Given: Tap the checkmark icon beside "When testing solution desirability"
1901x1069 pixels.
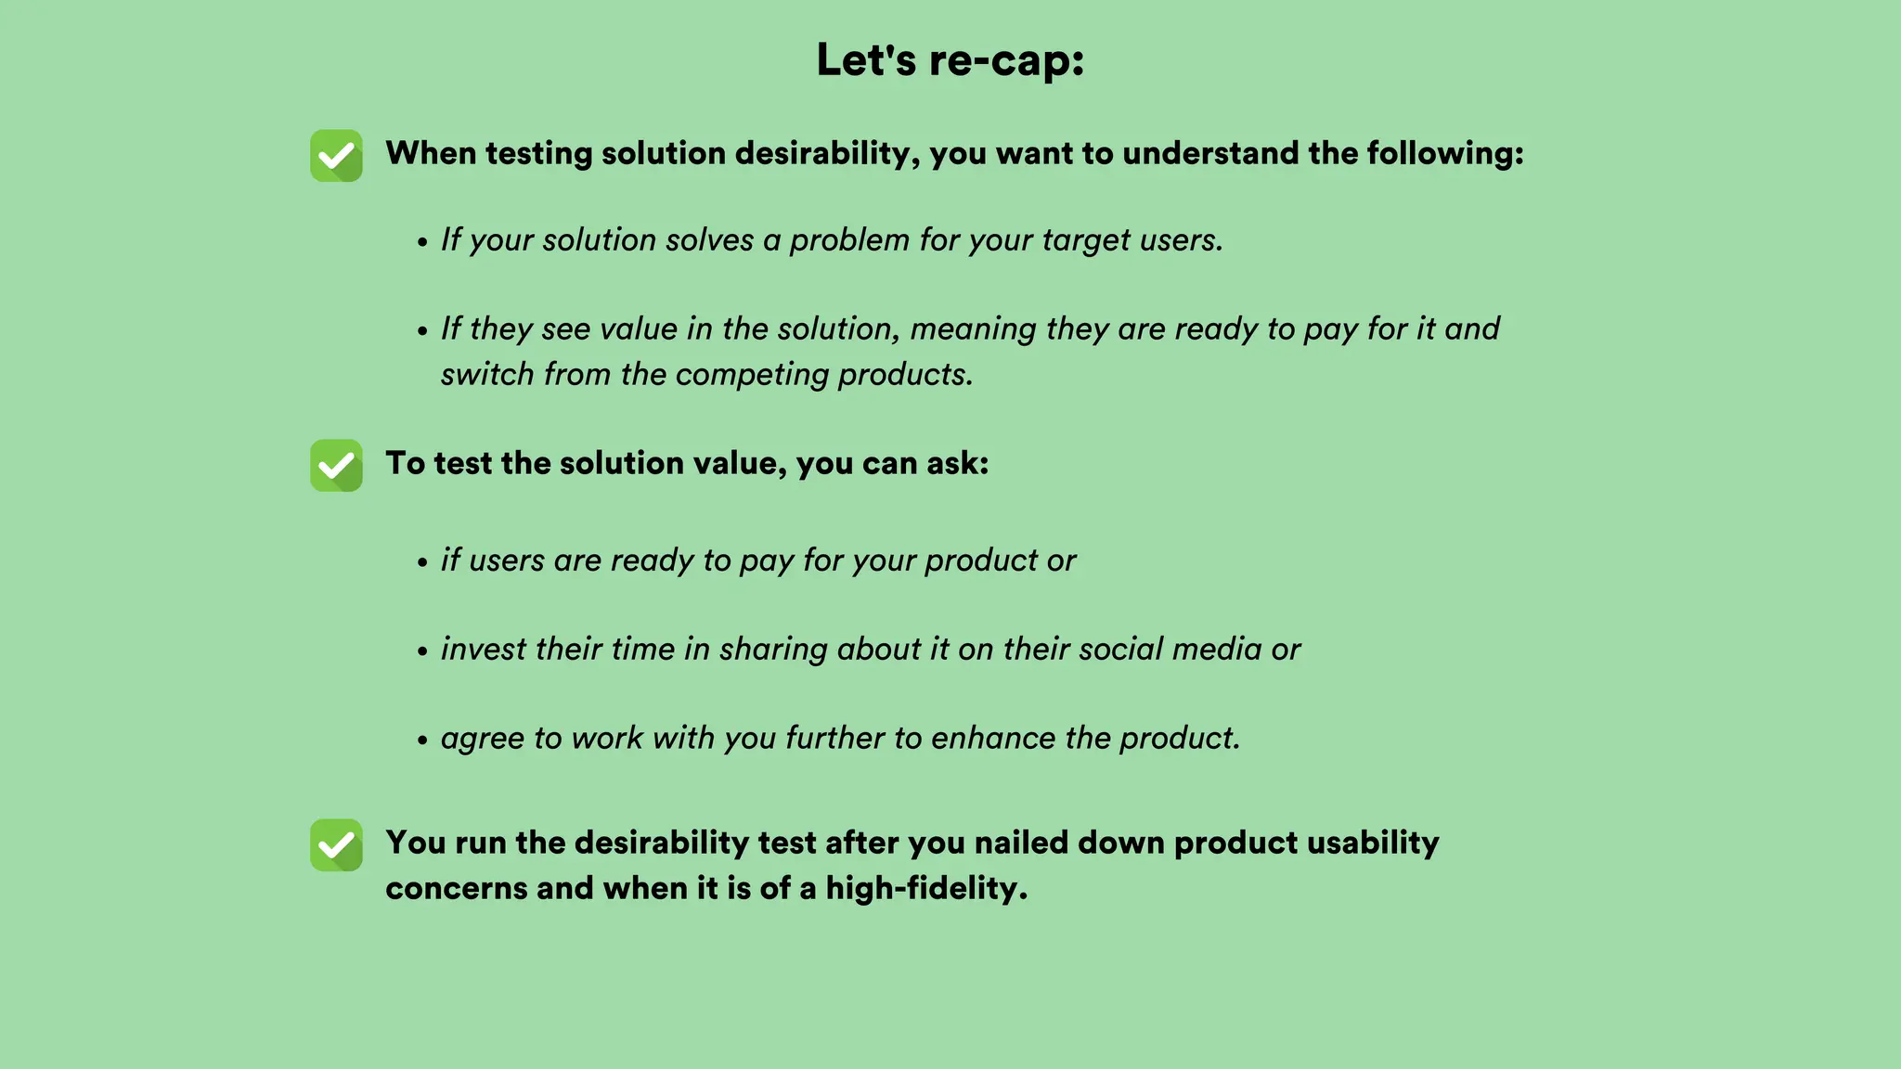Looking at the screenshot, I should (x=336, y=156).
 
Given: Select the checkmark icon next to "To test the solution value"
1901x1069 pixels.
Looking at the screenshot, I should (x=336, y=466).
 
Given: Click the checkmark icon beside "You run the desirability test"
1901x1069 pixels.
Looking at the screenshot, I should (x=336, y=845).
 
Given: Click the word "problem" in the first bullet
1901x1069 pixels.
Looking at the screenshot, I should (x=849, y=240).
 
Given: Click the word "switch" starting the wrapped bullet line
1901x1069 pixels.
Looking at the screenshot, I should (x=487, y=375).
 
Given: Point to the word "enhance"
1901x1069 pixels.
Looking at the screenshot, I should (x=993, y=739).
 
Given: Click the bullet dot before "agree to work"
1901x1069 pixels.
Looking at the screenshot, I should (x=422, y=741).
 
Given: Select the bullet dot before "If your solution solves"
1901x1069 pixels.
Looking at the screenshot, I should (x=422, y=243).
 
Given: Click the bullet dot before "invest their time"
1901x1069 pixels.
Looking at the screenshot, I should (x=422, y=652).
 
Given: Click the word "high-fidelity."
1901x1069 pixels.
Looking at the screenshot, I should (x=926, y=889).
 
